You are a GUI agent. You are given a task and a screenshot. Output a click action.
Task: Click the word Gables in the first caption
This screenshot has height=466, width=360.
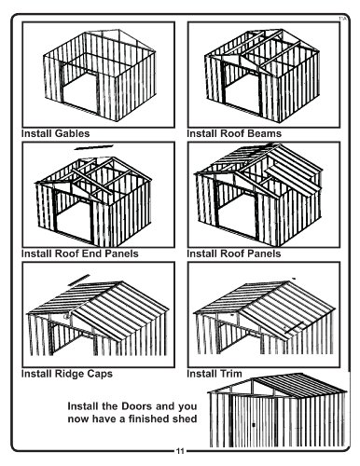(72, 133)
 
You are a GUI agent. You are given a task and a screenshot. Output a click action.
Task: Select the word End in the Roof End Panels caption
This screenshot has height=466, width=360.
(93, 254)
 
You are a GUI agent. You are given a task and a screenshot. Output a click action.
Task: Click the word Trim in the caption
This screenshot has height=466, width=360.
(230, 374)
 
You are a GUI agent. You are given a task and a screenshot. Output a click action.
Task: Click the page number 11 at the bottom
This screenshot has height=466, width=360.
(180, 451)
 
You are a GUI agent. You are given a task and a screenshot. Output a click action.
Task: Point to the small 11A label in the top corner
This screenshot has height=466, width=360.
(342, 19)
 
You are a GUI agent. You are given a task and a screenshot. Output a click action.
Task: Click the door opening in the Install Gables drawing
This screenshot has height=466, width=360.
(80, 90)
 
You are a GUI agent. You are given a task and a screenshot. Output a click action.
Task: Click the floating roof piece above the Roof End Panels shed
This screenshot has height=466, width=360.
(94, 147)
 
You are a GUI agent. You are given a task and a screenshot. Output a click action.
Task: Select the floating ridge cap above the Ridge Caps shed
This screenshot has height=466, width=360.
(79, 280)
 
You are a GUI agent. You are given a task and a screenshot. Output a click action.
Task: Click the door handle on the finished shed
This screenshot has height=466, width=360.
(254, 425)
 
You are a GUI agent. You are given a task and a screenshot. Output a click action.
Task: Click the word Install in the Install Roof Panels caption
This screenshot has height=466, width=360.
(202, 254)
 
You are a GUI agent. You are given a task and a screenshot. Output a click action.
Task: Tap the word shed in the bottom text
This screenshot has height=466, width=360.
(186, 418)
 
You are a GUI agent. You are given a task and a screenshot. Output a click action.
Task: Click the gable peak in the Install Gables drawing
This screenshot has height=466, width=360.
(118, 30)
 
